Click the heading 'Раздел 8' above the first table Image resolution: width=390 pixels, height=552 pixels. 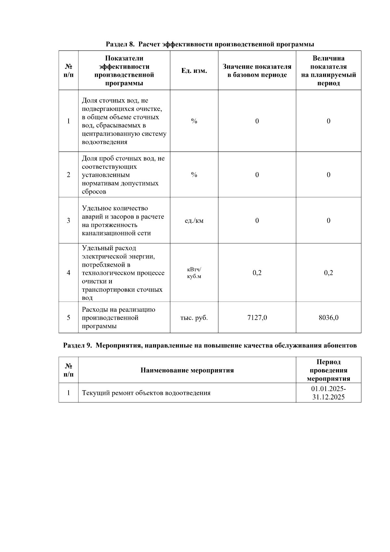(x=210, y=44)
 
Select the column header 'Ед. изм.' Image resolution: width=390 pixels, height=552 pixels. (x=194, y=71)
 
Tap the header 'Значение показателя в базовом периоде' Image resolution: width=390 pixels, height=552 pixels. (x=257, y=71)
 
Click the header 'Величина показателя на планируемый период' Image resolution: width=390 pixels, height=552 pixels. (x=328, y=71)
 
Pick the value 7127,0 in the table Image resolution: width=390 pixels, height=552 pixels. (x=257, y=317)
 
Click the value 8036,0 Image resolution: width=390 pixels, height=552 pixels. (x=328, y=317)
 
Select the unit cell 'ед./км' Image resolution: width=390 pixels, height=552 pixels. (x=194, y=221)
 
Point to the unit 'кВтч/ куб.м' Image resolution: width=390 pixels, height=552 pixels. (x=194, y=273)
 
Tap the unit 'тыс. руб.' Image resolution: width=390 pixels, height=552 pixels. (x=194, y=317)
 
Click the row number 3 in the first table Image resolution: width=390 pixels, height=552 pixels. (x=68, y=221)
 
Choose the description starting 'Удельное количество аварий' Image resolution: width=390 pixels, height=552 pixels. (x=123, y=221)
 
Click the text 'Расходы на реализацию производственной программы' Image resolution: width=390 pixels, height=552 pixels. (x=119, y=317)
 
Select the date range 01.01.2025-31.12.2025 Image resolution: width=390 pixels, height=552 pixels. (x=328, y=393)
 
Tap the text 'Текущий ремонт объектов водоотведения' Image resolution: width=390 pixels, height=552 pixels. (x=146, y=393)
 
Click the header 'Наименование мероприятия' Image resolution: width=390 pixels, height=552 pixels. (x=187, y=370)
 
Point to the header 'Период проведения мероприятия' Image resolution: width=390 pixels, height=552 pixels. (x=328, y=370)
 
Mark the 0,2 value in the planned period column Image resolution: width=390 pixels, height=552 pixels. (x=328, y=273)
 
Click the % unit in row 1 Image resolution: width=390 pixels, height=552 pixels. (x=194, y=121)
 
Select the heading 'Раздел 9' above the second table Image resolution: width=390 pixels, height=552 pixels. (x=210, y=345)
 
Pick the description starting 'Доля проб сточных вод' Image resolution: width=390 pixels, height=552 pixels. (x=123, y=175)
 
